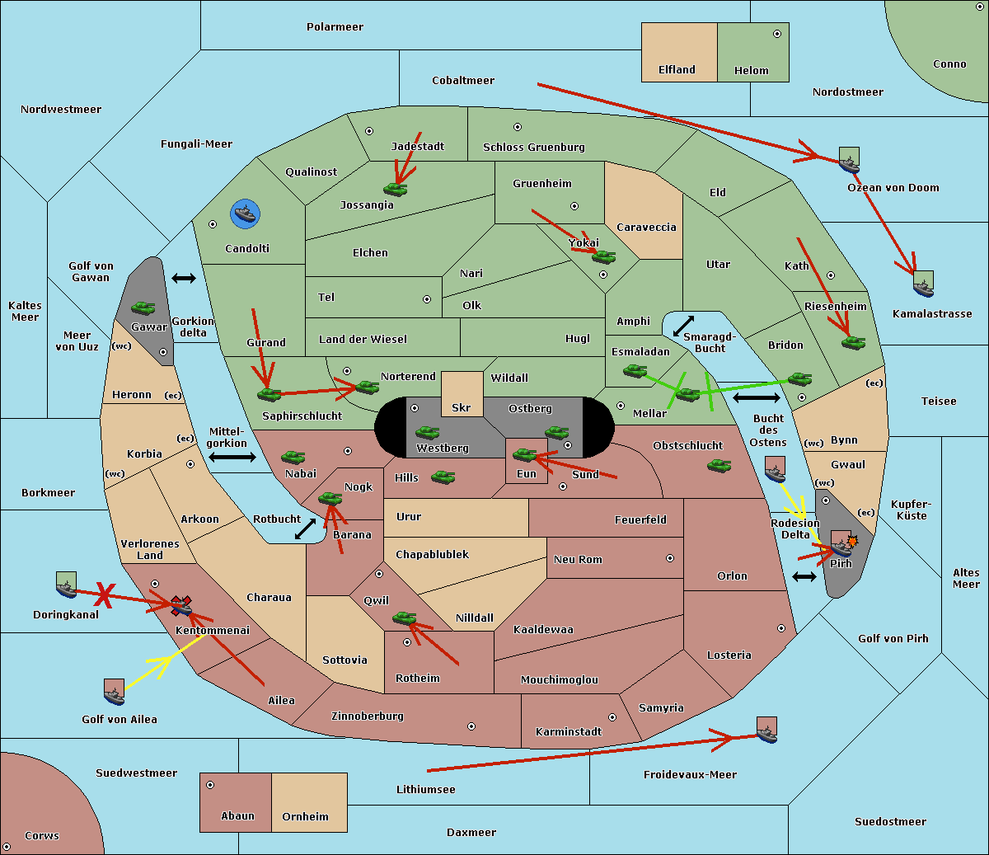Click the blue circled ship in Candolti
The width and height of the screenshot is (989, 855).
click(245, 214)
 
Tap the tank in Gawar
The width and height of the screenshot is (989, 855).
click(143, 308)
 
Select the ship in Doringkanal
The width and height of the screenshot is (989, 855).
click(66, 585)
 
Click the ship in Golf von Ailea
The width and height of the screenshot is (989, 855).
click(115, 692)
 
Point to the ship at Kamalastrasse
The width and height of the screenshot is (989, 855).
click(923, 284)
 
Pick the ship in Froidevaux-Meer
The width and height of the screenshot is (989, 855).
click(766, 730)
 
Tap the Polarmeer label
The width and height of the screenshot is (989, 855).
click(335, 27)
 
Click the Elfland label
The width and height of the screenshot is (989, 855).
click(677, 70)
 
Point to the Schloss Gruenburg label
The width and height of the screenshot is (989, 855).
click(534, 147)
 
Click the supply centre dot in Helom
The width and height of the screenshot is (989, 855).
click(777, 34)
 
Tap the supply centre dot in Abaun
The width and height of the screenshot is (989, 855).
click(210, 785)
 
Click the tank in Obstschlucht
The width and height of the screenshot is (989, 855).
click(719, 465)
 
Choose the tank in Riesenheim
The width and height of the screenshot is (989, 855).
click(854, 343)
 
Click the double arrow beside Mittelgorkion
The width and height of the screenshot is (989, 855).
click(232, 457)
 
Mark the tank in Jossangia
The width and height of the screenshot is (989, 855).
click(396, 189)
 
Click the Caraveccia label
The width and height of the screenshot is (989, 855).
click(646, 227)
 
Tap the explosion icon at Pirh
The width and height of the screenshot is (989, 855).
click(852, 542)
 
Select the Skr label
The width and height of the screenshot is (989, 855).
click(462, 407)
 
